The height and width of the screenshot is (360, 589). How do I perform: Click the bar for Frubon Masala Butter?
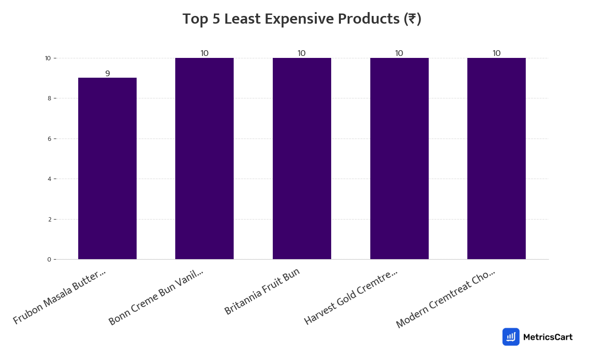point(107,168)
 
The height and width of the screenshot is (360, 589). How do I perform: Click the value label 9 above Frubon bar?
point(108,73)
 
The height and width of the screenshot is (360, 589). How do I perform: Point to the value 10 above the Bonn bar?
point(205,53)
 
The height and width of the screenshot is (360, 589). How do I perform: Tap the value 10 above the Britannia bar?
point(302,53)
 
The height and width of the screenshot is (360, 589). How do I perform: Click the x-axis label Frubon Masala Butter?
point(59,297)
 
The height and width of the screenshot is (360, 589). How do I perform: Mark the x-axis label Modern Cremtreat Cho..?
point(445,299)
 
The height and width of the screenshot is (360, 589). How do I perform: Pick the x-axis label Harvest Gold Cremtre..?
point(351,297)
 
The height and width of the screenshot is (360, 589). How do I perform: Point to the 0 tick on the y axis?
point(49,260)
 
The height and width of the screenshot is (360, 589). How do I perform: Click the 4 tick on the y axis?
point(49,179)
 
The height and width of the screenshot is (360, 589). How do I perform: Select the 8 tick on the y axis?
point(49,98)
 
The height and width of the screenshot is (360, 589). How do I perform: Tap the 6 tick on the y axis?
point(49,138)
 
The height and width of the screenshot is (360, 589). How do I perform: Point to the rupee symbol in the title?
point(412,19)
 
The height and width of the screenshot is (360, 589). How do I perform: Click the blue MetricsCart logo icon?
point(511,337)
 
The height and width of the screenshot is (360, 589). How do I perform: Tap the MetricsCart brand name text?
point(547,337)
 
